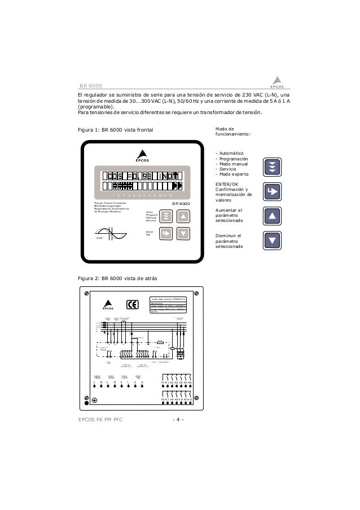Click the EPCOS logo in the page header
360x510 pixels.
point(276,81)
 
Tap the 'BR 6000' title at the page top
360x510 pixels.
point(90,86)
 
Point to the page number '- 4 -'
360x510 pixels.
point(180,420)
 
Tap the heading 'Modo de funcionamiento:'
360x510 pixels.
point(233,131)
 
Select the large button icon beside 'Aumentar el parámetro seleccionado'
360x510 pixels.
point(272,216)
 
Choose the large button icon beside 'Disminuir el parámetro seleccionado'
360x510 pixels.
point(272,241)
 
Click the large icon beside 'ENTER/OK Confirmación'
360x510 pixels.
point(272,191)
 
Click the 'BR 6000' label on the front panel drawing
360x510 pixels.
point(181,203)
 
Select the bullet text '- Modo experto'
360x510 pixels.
point(232,175)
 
